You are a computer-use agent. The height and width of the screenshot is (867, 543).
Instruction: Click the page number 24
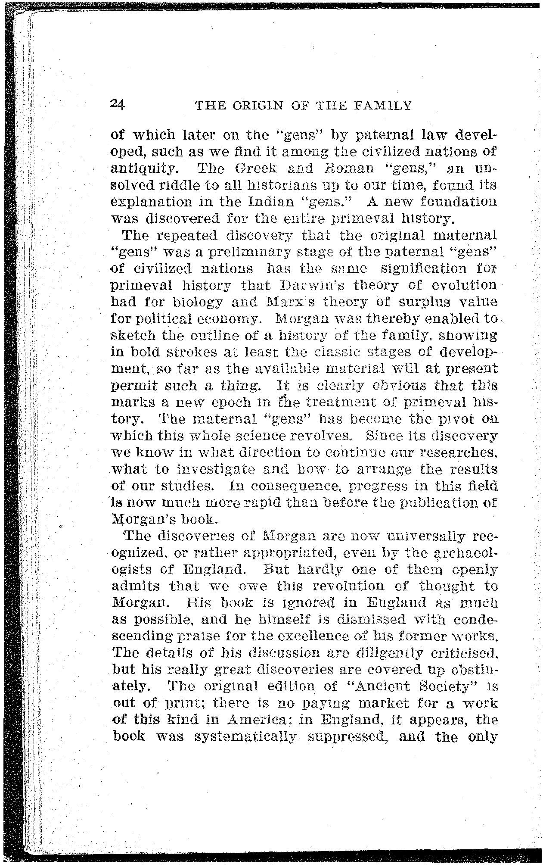[x=117, y=105]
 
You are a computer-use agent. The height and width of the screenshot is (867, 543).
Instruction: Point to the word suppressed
[x=348, y=737]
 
